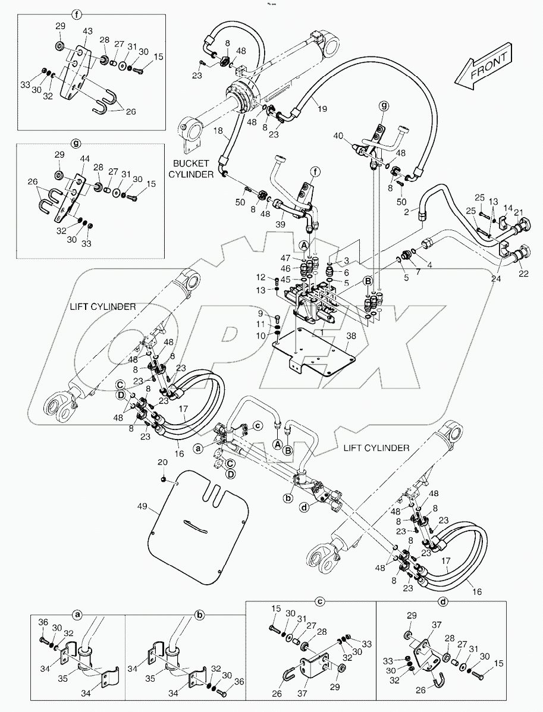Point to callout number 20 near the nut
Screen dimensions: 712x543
[x=162, y=463]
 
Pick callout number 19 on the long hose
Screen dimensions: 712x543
[x=322, y=109]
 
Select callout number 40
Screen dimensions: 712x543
[x=338, y=136]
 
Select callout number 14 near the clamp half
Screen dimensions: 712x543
[x=508, y=209]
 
